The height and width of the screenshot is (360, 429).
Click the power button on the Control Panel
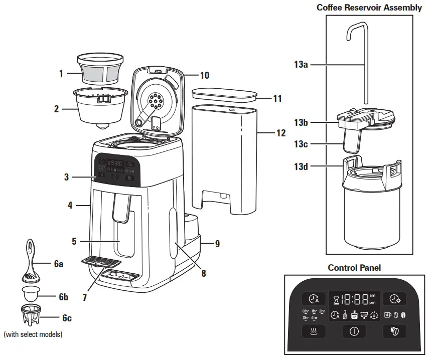[x=354, y=331]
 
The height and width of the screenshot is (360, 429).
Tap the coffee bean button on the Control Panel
[x=395, y=331]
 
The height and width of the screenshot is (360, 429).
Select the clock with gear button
[x=395, y=299]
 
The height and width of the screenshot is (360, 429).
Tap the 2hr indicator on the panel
[x=322, y=311]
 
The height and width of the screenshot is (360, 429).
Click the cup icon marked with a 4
[x=387, y=315]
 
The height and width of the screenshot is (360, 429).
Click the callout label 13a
[x=301, y=65]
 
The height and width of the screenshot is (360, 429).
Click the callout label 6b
[x=63, y=297]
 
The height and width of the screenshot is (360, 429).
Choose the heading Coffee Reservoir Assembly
[x=369, y=8]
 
